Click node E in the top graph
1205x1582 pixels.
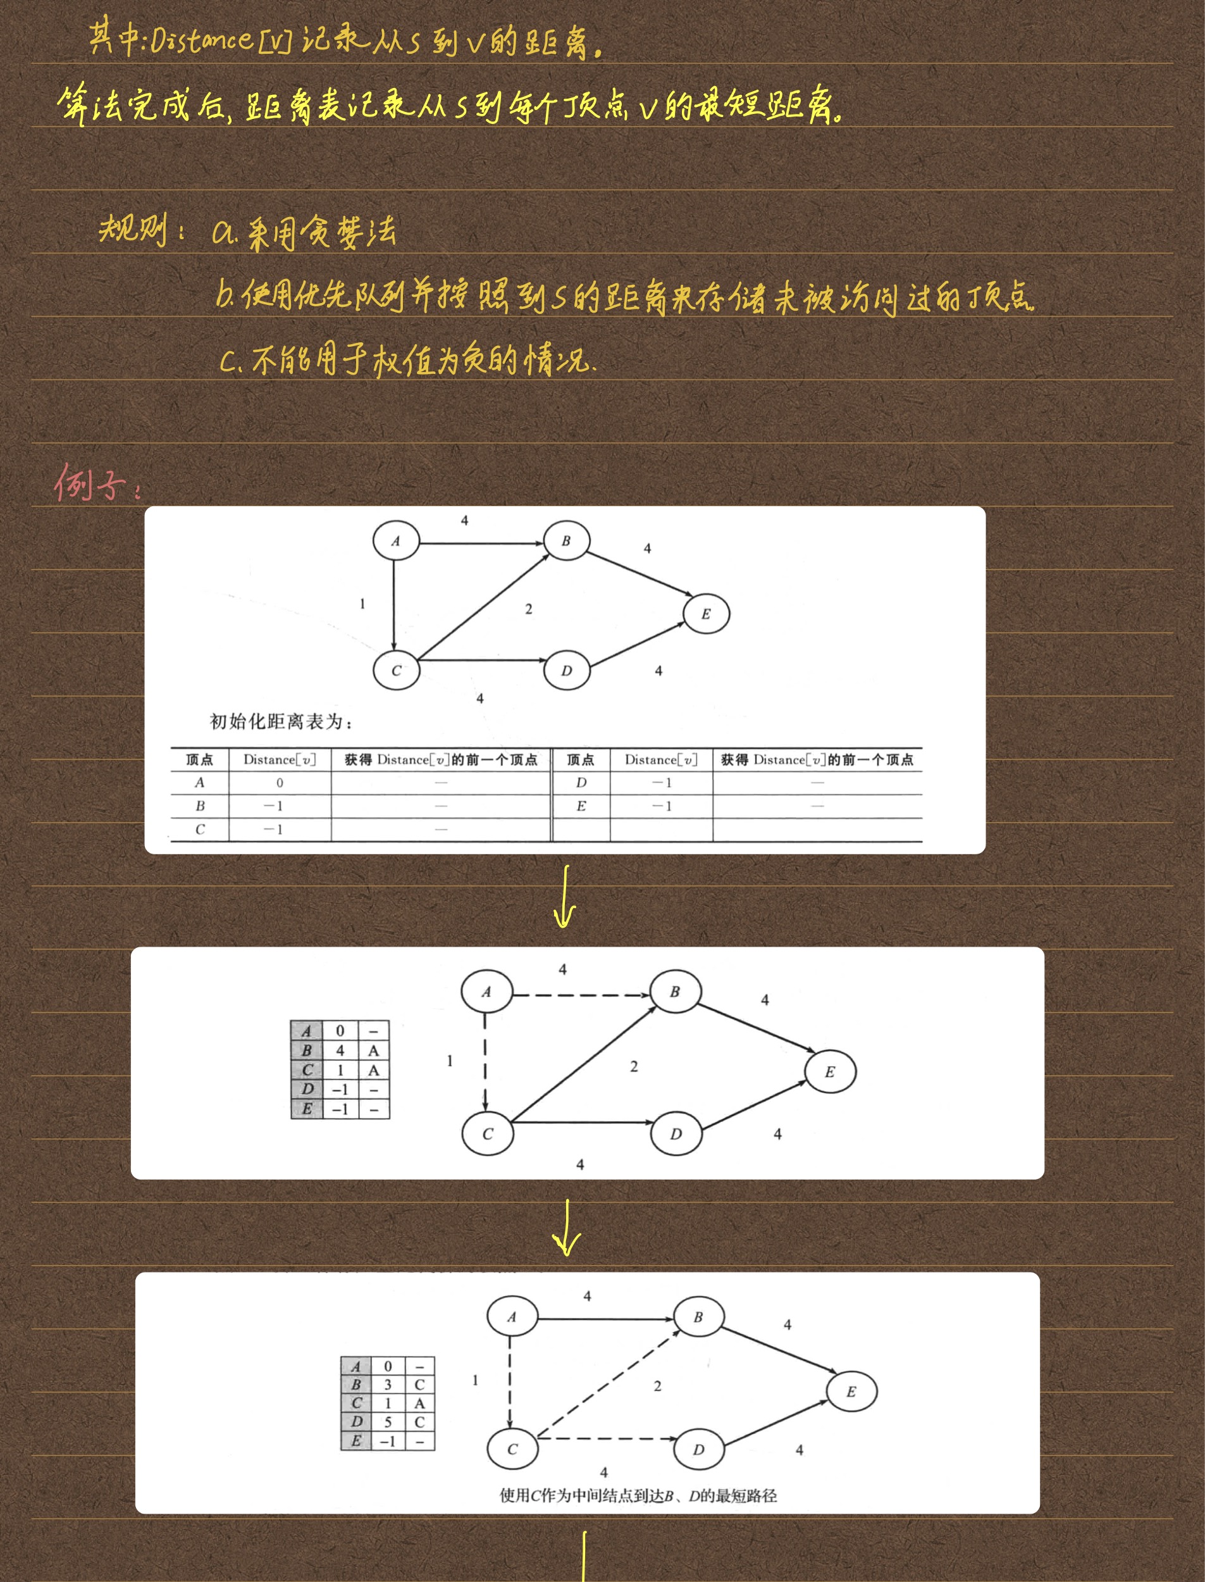coord(706,614)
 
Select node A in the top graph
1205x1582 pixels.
coord(396,541)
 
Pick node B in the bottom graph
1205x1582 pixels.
coord(698,1317)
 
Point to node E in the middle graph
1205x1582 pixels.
coord(830,1072)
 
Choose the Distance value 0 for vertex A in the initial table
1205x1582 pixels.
coord(280,783)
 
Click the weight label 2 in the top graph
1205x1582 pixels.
coord(529,609)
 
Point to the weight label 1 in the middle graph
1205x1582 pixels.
coord(450,1061)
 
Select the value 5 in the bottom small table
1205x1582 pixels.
coord(388,1421)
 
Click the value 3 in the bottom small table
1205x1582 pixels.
coord(388,1384)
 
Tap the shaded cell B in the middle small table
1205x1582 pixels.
coord(307,1050)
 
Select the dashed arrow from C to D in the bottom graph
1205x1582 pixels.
coord(606,1438)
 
